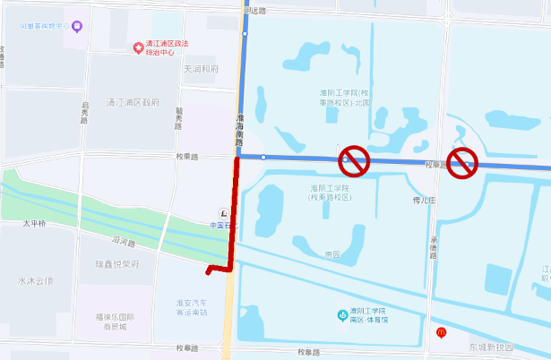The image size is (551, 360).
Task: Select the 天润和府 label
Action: pos(201,69)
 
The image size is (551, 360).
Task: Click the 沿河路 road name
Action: pos(122,241)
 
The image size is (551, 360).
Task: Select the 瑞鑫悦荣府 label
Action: pos(117,264)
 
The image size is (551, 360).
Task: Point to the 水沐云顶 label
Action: pos(35,280)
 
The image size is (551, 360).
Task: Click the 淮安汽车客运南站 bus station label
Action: pos(192,308)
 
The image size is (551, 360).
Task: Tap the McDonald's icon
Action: pos(441,332)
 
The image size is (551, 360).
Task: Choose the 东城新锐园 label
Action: pos(491,347)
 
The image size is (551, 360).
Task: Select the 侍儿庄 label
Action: pos(422,200)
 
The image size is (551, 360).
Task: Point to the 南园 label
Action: pos(332,254)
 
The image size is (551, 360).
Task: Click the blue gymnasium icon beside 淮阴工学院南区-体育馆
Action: pos(342,315)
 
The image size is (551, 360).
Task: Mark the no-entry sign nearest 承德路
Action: pos(462,162)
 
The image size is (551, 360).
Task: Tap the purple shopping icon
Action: pos(76,26)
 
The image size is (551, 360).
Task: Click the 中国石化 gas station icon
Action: pos(222,212)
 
